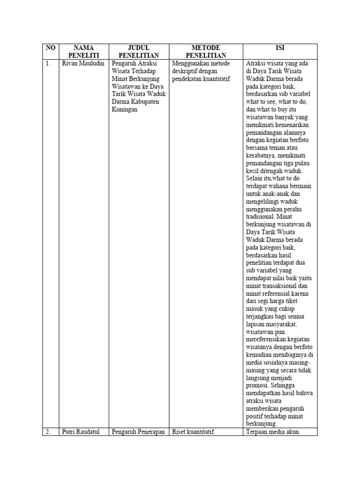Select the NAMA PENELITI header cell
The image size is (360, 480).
pos(83,52)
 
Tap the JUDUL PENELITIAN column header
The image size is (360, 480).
pos(139,52)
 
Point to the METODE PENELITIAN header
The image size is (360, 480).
pos(206,52)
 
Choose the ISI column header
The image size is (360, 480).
pos(280,47)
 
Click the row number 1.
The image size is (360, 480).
pos(48,63)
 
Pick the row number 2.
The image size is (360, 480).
pos(48,432)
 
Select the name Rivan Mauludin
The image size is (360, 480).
pos(83,63)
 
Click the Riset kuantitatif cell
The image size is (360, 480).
pos(193,432)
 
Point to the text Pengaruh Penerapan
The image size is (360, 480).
pos(138,432)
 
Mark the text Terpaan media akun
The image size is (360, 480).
pos(272,432)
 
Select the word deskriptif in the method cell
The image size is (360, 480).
pos(188,71)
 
